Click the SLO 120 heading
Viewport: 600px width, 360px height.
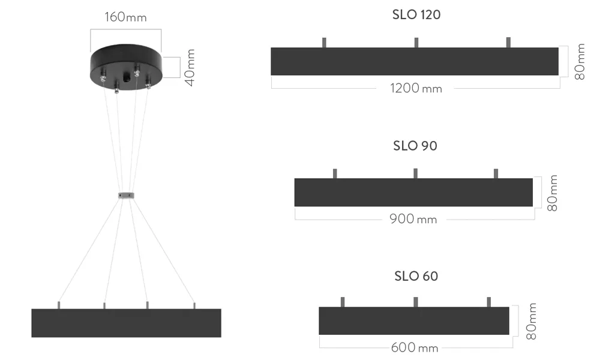[x=416, y=15]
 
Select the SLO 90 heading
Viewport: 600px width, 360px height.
[x=415, y=146]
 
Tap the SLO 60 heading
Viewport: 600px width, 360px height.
[x=416, y=276]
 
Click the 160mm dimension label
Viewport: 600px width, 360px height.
[x=125, y=17]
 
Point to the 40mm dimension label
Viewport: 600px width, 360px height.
[x=190, y=68]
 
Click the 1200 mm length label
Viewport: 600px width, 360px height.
[x=416, y=88]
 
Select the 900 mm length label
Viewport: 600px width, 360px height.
[x=413, y=219]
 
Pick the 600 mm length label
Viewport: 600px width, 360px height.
[x=415, y=348]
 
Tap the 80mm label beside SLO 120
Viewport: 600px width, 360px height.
[x=580, y=62]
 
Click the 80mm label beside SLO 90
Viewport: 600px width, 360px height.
[x=552, y=193]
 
